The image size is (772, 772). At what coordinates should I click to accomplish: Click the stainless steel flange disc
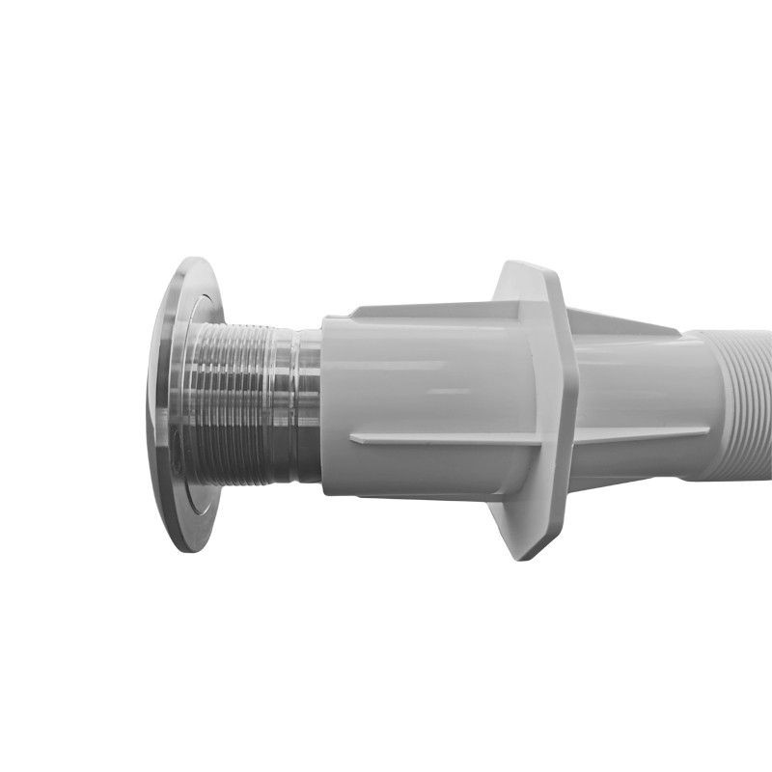tap(183, 405)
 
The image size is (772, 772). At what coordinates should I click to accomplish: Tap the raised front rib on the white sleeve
tap(434, 439)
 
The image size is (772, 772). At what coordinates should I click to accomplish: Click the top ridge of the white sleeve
tap(425, 312)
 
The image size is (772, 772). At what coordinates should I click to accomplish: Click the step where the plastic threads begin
tap(714, 405)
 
